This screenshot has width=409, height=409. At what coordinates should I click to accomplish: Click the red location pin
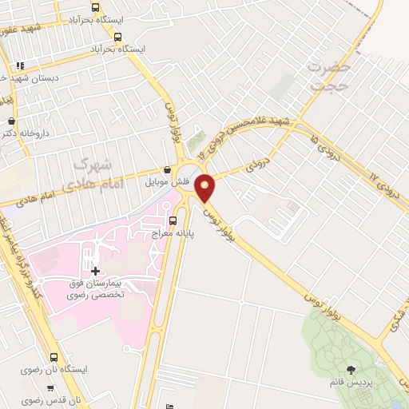coord(205,188)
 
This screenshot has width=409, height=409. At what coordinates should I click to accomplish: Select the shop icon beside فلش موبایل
coord(166,170)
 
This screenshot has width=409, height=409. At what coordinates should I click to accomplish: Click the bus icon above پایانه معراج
coord(173,220)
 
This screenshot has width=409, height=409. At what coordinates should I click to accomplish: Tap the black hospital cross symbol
coord(96,271)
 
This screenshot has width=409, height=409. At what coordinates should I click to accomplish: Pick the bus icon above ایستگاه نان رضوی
coord(54,357)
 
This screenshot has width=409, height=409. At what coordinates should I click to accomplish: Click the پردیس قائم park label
coord(351,382)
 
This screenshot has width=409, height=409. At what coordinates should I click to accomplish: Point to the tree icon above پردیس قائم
coord(352,369)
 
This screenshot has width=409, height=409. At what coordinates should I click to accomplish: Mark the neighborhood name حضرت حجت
coord(328,78)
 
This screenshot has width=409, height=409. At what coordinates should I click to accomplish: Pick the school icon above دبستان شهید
coord(20,65)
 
